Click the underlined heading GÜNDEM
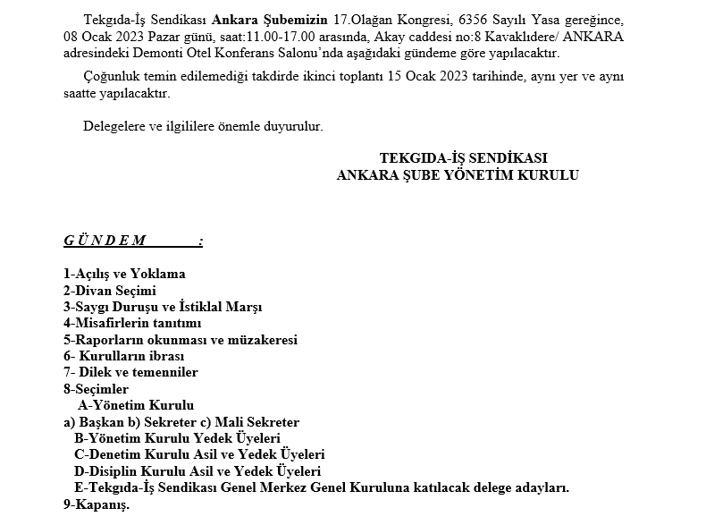click(x=105, y=241)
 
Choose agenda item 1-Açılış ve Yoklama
click(x=124, y=275)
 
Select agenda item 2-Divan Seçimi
click(x=110, y=291)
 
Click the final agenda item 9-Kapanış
click(x=96, y=504)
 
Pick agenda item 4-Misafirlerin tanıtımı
click(x=132, y=323)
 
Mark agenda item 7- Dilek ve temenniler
click(x=130, y=372)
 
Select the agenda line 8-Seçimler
click(x=96, y=389)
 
